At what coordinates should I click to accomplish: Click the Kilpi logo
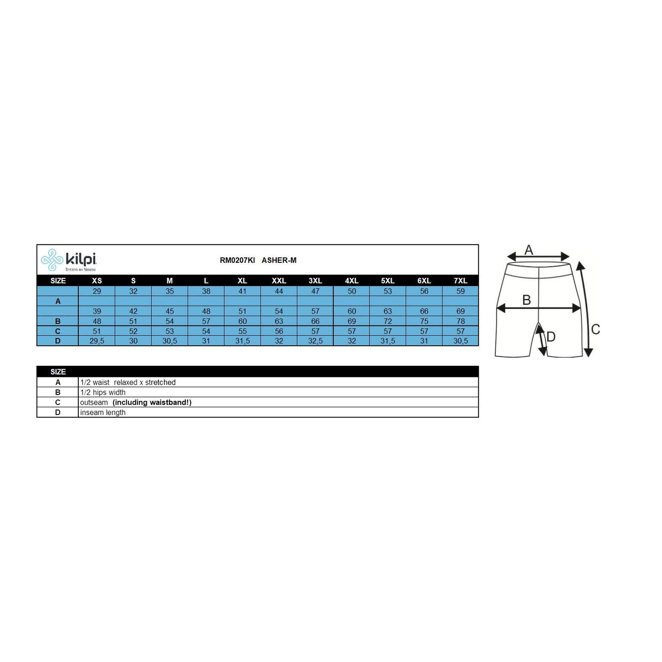(x=69, y=260)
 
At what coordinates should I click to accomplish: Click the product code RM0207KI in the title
(x=237, y=260)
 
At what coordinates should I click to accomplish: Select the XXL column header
(x=279, y=281)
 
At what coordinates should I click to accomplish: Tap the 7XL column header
(x=460, y=281)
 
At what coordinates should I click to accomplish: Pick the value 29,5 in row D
(x=97, y=341)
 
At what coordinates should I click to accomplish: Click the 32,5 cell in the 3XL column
(x=315, y=341)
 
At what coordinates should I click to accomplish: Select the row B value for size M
(x=169, y=321)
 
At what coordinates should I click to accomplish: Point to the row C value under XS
(x=97, y=331)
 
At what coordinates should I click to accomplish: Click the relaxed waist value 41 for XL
(x=242, y=291)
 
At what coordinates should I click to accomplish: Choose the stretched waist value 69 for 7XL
(x=460, y=311)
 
